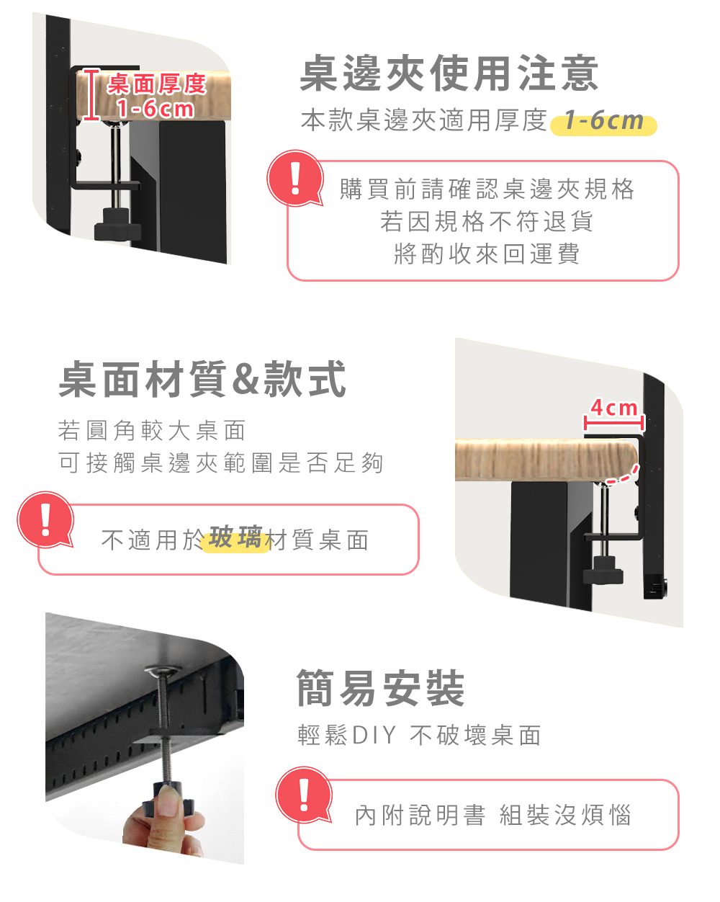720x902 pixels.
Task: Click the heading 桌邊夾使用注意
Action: point(449,73)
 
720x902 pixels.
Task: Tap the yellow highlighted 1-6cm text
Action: point(603,121)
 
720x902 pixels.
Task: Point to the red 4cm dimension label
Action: point(614,408)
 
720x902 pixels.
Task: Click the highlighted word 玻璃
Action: point(236,537)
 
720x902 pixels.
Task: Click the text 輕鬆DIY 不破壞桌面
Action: point(419,735)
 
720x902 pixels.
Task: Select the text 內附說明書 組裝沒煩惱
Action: point(492,816)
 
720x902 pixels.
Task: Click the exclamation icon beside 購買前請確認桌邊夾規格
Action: point(295,178)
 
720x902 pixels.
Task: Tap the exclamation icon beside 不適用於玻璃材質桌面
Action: point(45,519)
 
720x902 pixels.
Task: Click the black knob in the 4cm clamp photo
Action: point(603,570)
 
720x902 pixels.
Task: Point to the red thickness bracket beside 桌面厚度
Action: point(91,94)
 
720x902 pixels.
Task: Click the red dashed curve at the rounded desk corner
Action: point(623,475)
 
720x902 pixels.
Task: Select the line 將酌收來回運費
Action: point(487,254)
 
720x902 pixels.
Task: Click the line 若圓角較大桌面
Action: point(152,430)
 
